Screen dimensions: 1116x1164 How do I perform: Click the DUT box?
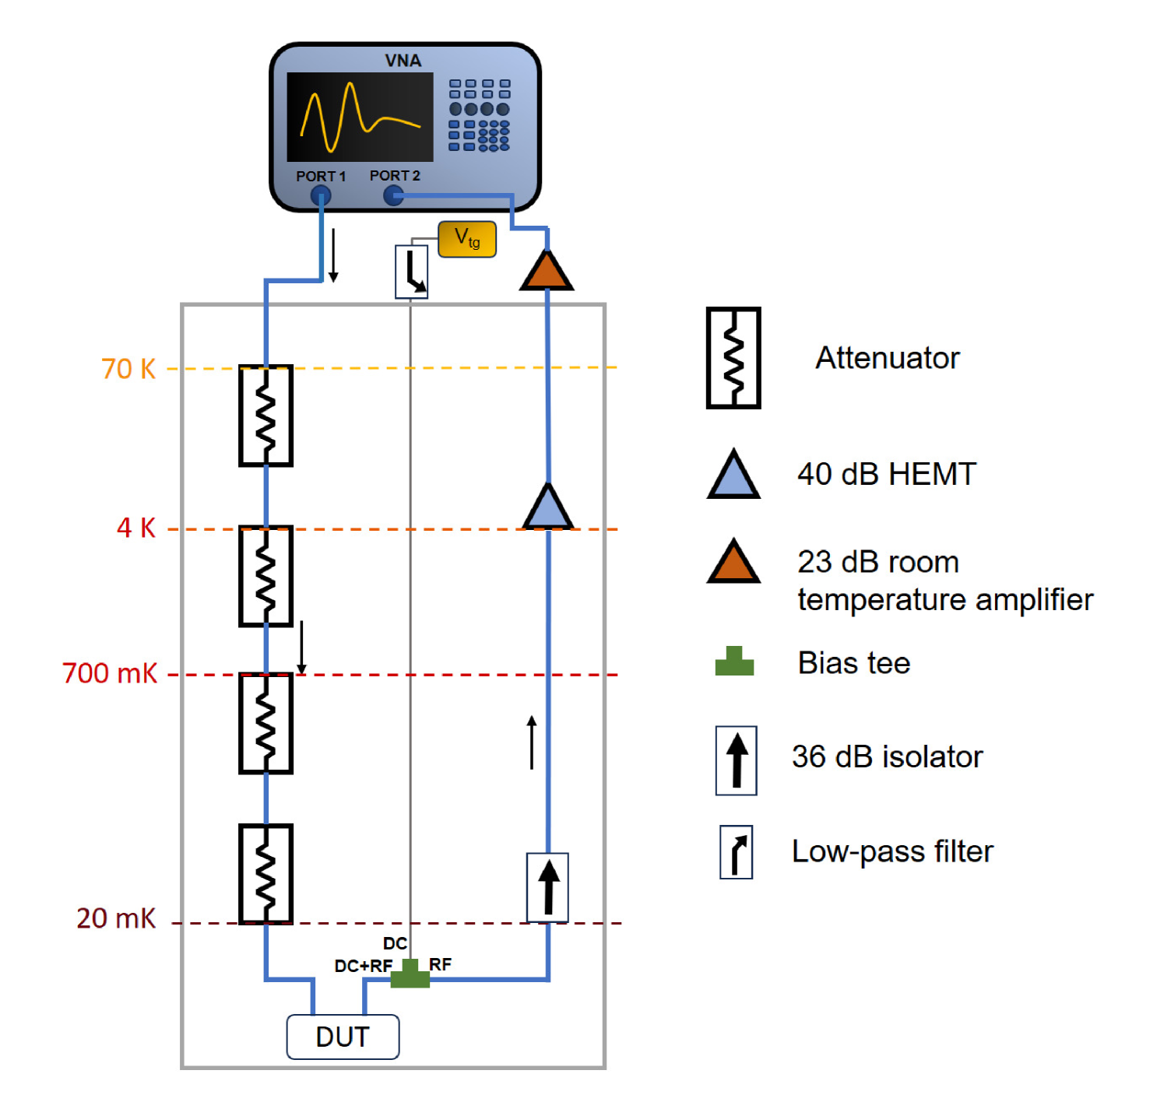click(x=343, y=1037)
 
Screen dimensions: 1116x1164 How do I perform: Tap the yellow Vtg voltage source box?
click(x=467, y=239)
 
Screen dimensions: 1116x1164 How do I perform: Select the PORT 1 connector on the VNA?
click(x=321, y=196)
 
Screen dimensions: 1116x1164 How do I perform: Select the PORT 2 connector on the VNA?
click(x=394, y=195)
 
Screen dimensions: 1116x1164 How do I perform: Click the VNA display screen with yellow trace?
click(x=360, y=117)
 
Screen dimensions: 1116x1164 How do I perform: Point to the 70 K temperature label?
click(x=128, y=369)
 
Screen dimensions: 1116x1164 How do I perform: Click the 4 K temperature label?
click(x=136, y=528)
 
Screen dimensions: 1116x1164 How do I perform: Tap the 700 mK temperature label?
click(x=110, y=673)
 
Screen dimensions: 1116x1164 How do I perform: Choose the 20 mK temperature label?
click(x=116, y=918)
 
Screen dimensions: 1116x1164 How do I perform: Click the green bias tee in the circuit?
click(x=410, y=974)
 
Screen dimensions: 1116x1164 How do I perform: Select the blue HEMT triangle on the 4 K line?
click(x=548, y=508)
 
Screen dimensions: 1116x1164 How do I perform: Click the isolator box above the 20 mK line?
click(x=547, y=887)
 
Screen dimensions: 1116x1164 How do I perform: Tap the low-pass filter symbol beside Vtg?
click(x=412, y=272)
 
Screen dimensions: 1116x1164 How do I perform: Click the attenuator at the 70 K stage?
click(x=266, y=416)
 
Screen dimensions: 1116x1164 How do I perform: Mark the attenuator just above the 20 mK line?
click(x=266, y=873)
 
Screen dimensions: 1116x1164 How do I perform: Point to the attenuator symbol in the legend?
click(x=733, y=358)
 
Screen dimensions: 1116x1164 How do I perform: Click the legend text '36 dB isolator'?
click(x=887, y=756)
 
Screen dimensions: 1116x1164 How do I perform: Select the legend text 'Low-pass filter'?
click(x=892, y=851)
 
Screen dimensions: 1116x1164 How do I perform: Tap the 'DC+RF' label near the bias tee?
click(x=364, y=966)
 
